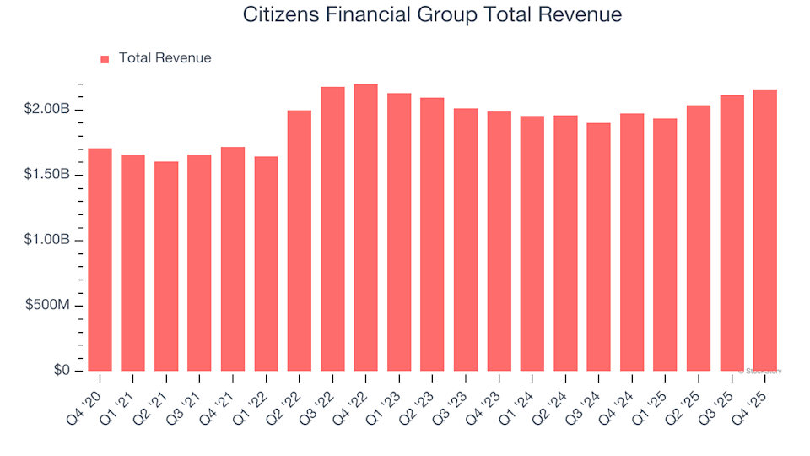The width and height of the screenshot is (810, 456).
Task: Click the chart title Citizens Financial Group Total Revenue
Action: tap(432, 15)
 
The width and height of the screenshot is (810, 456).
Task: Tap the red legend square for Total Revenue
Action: tap(105, 59)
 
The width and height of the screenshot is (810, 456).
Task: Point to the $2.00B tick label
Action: tap(48, 110)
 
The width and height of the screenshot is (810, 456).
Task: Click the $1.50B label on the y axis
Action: tap(48, 175)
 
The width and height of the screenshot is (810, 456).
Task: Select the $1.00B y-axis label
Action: tap(48, 240)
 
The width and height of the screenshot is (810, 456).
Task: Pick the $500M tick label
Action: tap(50, 306)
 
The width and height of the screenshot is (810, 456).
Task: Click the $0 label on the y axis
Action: tap(62, 371)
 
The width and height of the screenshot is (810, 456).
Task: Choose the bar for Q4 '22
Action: tap(365, 228)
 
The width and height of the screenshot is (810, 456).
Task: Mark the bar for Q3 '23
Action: tap(466, 240)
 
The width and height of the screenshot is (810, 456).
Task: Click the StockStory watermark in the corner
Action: tap(759, 372)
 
